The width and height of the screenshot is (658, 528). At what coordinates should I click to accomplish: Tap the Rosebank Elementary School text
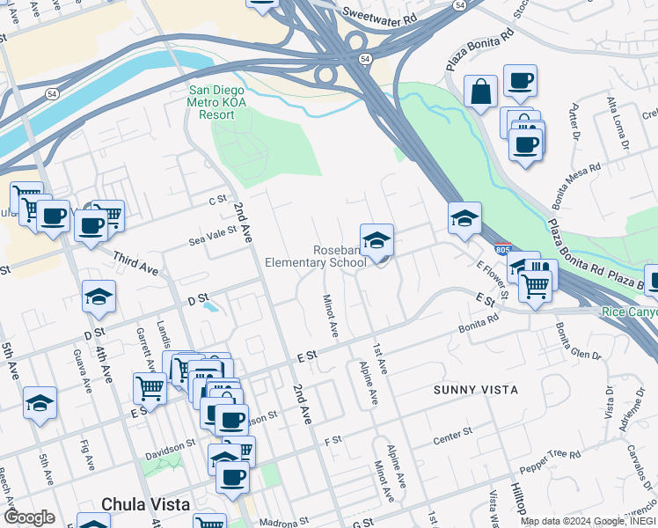[316, 256]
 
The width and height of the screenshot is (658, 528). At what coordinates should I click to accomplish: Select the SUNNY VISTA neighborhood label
[475, 389]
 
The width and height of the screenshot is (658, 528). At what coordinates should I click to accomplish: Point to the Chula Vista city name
[146, 504]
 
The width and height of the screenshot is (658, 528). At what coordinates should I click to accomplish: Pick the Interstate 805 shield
[502, 251]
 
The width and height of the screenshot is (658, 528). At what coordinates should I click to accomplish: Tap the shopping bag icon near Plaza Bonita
[481, 91]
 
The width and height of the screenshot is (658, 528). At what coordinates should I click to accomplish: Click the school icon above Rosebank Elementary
[377, 240]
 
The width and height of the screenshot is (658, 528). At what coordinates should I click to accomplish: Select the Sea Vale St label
[213, 231]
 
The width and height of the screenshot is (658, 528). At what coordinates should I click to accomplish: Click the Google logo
[29, 517]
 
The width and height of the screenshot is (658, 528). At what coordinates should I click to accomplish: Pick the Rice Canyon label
[630, 312]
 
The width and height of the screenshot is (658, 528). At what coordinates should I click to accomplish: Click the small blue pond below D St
[209, 308]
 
